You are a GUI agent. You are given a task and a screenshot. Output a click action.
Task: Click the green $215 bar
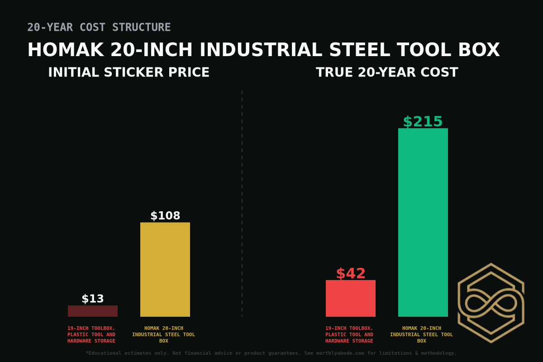(x=423, y=222)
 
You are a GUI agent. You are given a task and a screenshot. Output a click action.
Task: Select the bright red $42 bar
(x=350, y=298)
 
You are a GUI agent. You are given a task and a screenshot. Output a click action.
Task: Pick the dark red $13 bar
(x=92, y=311)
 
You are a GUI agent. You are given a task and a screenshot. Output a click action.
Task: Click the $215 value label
(x=423, y=122)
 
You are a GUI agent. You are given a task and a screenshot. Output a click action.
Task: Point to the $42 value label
(x=350, y=274)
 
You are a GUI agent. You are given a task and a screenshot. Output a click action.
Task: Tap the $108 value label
(x=165, y=216)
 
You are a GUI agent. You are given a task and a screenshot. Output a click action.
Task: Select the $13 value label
(x=92, y=299)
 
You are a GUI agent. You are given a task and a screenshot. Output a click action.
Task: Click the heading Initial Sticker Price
(x=129, y=72)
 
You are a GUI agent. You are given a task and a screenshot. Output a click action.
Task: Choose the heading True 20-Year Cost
(x=387, y=72)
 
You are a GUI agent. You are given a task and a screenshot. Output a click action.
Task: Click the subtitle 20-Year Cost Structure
(x=99, y=27)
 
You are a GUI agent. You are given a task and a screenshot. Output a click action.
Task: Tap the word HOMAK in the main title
(x=66, y=50)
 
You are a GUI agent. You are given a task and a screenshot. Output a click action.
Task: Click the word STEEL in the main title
(x=359, y=50)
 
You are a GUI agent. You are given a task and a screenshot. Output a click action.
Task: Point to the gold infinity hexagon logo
(x=491, y=303)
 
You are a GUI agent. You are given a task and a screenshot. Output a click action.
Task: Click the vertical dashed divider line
(x=242, y=204)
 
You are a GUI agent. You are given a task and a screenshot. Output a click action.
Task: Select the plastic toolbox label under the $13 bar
(x=91, y=334)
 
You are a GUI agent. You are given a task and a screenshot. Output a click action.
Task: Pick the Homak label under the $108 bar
(x=164, y=334)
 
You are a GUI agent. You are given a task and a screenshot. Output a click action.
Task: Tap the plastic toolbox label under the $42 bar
(x=349, y=334)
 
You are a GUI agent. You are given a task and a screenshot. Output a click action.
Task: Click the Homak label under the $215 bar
(x=422, y=334)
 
